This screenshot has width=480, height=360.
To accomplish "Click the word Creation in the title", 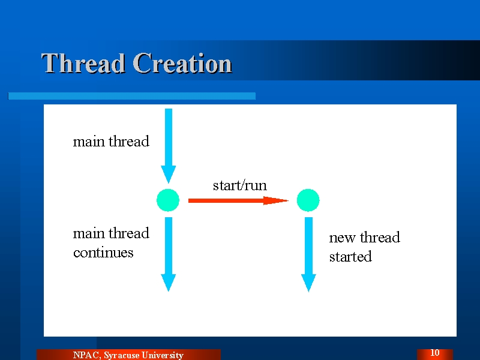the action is click(x=182, y=63).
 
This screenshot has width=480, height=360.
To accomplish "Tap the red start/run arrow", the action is click(x=238, y=200).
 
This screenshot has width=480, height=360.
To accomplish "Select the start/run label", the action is click(x=239, y=185).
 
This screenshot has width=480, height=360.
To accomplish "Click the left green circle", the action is click(x=168, y=200).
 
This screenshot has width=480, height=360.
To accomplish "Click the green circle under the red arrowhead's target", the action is click(x=308, y=200).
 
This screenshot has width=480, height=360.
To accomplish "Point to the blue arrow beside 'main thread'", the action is click(x=169, y=146).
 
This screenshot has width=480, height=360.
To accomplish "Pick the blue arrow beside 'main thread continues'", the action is click(x=169, y=254).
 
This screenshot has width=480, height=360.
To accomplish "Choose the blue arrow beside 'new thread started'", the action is click(x=308, y=254).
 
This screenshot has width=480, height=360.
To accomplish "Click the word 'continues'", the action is click(x=103, y=253).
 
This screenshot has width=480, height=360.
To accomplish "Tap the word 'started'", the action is click(x=350, y=257).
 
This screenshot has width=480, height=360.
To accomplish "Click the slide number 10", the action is click(x=434, y=353).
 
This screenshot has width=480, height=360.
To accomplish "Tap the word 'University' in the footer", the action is click(x=163, y=355).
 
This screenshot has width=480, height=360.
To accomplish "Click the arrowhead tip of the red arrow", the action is click(x=289, y=200).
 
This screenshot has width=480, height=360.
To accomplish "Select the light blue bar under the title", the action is click(x=131, y=96).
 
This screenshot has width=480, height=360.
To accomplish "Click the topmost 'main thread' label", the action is click(x=111, y=142).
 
